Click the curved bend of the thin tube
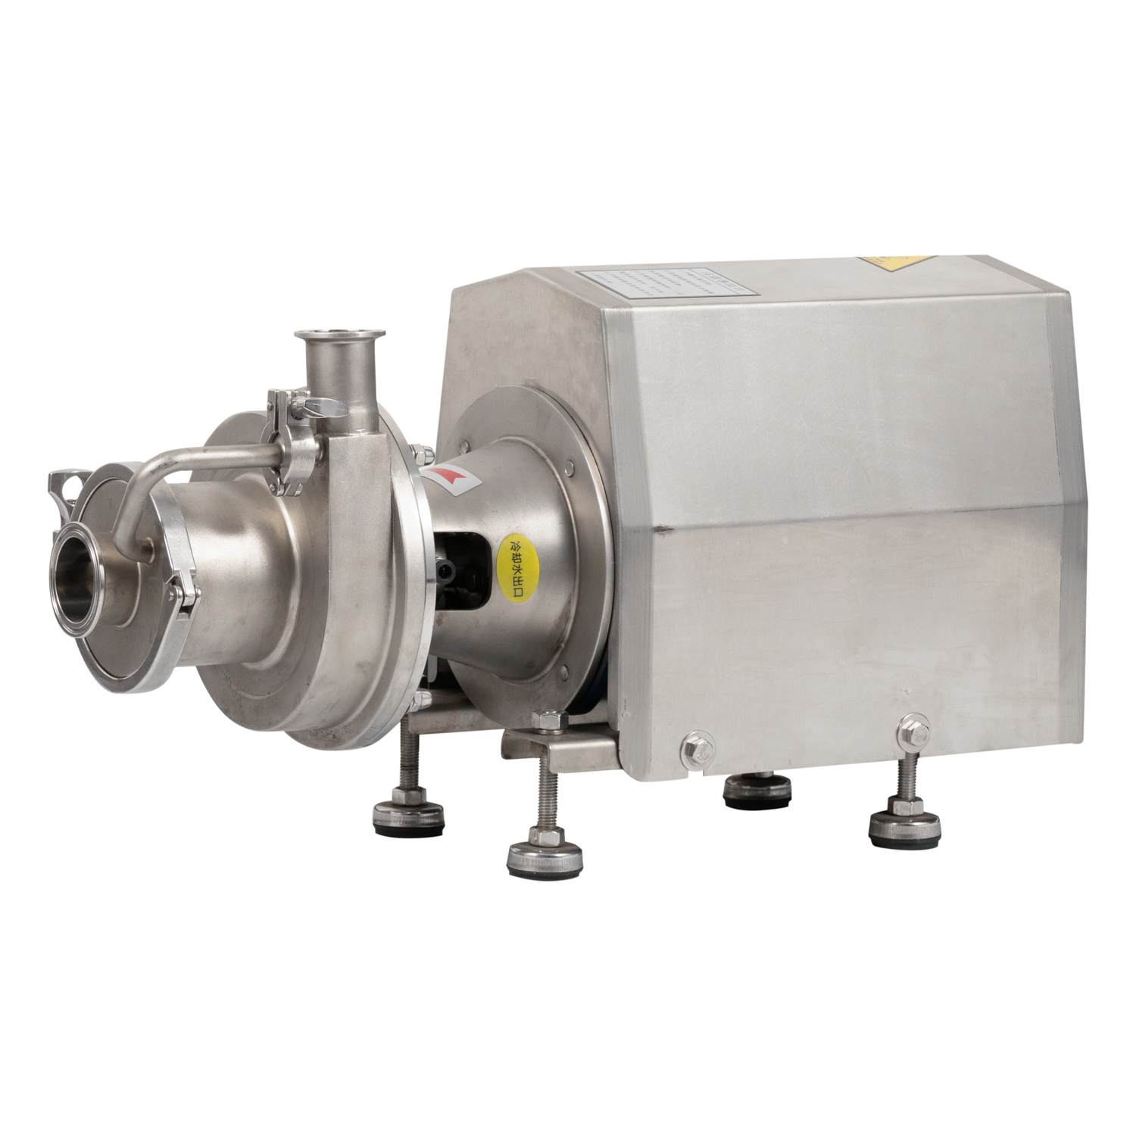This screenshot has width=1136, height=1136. point(139,485)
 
